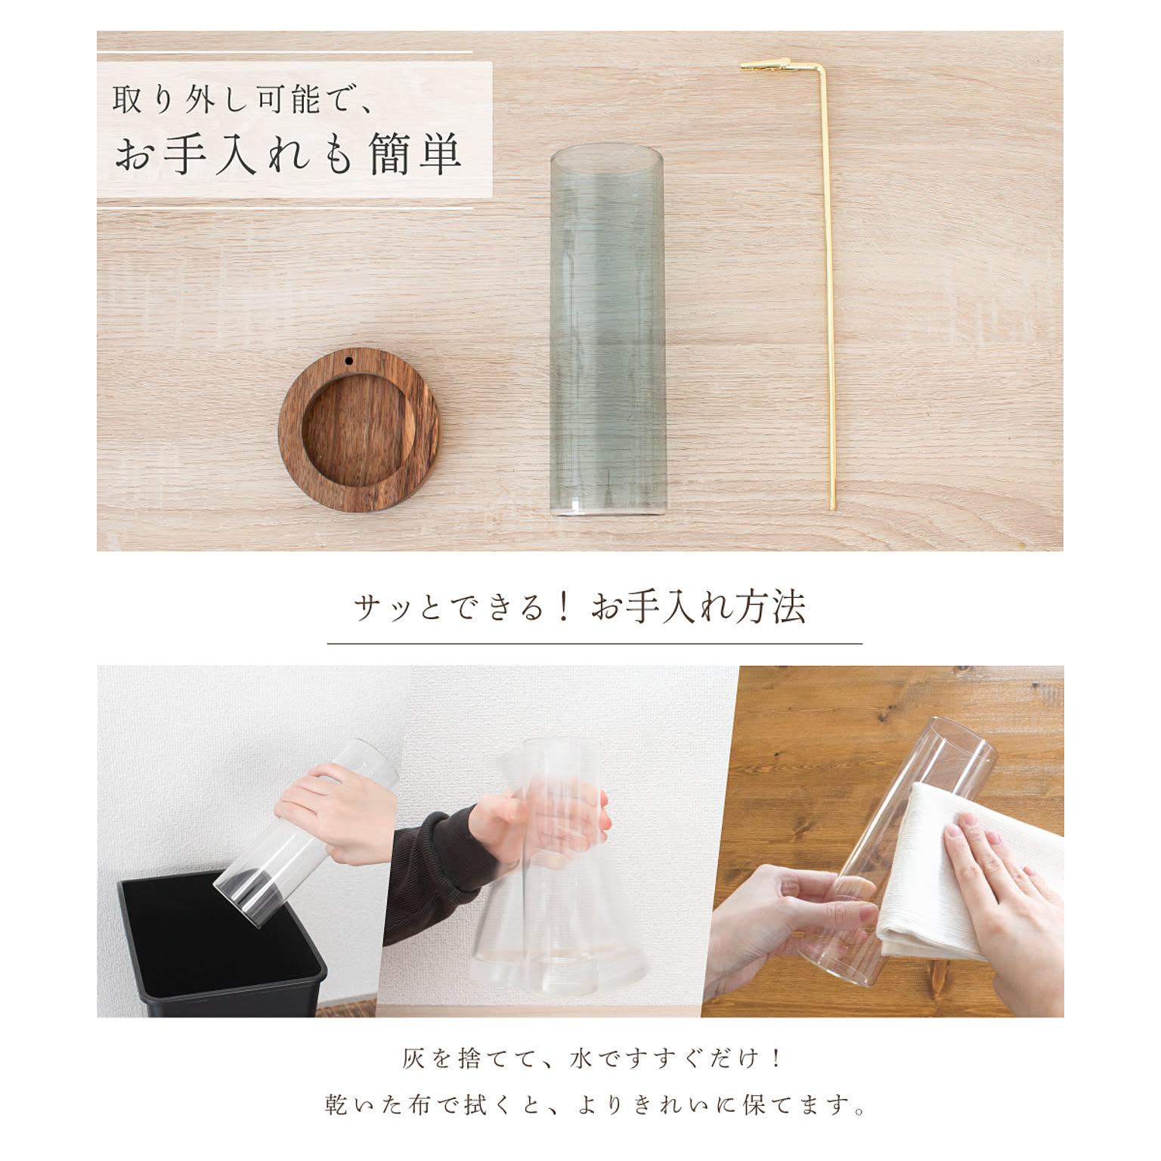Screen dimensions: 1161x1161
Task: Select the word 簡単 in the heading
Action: pyautogui.click(x=416, y=155)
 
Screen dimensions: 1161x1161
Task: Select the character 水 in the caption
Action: pyautogui.click(x=583, y=1059)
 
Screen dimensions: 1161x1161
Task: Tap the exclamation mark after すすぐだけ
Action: pyautogui.click(x=779, y=1059)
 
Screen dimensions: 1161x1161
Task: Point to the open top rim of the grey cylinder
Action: pyautogui.click(x=607, y=156)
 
